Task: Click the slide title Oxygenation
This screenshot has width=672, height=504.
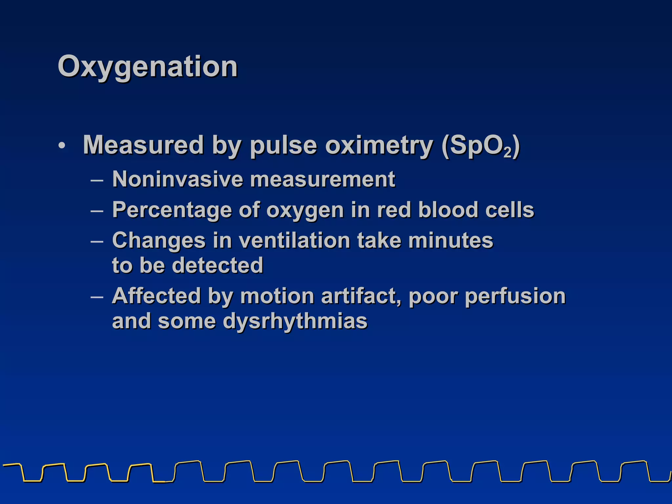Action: point(148,67)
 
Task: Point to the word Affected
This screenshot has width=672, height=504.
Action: point(156,296)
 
